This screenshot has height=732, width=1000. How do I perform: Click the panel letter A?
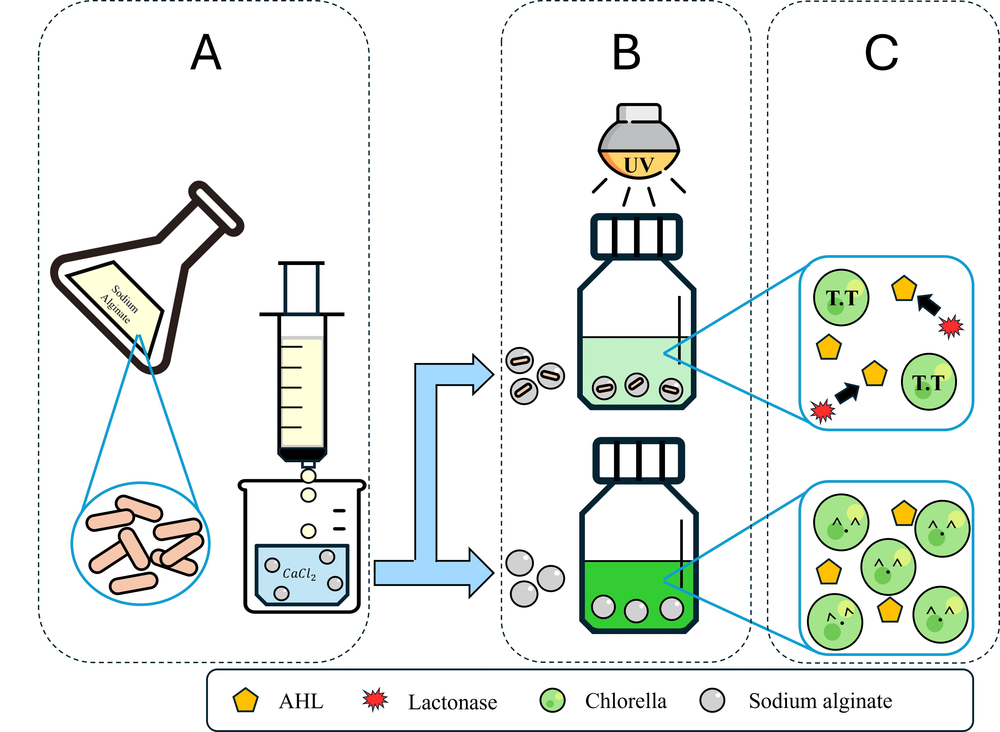(x=206, y=53)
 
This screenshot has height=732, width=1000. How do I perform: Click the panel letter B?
(x=626, y=53)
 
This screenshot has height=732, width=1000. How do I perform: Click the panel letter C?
(x=881, y=53)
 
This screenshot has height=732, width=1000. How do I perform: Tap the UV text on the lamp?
(x=639, y=165)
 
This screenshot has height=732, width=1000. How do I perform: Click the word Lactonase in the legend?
(x=452, y=702)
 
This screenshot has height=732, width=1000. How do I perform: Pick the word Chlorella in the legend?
(x=625, y=701)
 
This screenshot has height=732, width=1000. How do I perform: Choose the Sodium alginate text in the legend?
(x=820, y=701)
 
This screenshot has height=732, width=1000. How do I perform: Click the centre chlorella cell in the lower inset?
(x=888, y=567)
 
